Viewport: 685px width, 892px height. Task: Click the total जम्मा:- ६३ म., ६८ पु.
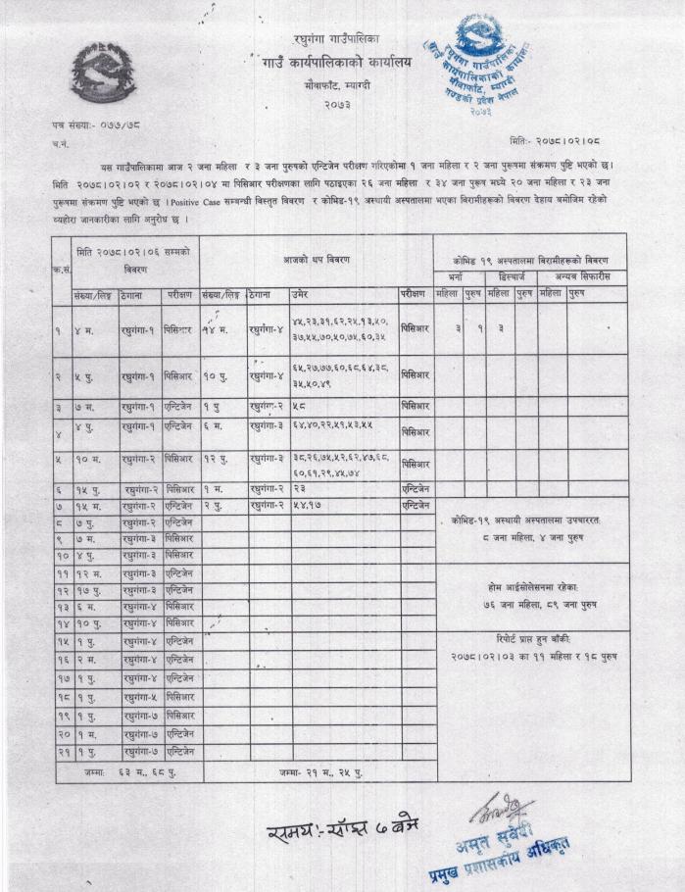(x=128, y=771)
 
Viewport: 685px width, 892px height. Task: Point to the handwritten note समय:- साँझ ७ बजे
(x=332, y=834)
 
